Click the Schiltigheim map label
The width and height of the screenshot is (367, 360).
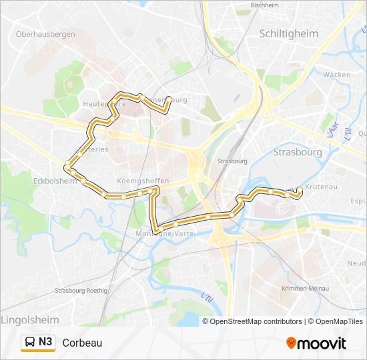[x=288, y=33]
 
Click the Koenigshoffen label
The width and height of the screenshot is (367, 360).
[x=142, y=181]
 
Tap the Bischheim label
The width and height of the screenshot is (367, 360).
[x=264, y=5]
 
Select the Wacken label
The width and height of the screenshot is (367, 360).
[x=336, y=75]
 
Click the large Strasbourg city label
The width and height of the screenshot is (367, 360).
[x=298, y=152]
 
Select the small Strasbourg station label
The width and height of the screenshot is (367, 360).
[x=233, y=161]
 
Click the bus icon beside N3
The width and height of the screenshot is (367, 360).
[x=30, y=343]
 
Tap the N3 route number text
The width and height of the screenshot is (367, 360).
[x=45, y=343]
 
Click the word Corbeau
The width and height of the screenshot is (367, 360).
[x=82, y=343]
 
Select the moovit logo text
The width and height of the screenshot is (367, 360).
[x=322, y=343]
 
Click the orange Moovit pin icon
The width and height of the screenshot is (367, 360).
[x=291, y=343]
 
